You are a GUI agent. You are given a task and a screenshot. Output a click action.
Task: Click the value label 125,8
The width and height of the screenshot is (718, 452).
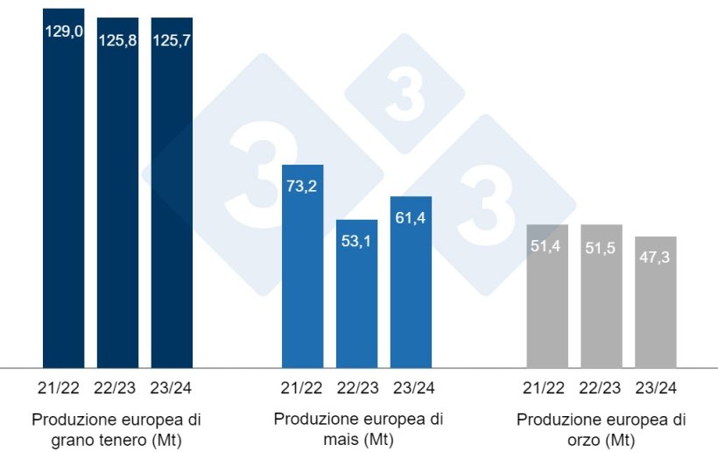(x=117, y=40)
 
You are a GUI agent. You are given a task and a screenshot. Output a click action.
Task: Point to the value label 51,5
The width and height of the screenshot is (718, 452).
(x=602, y=246)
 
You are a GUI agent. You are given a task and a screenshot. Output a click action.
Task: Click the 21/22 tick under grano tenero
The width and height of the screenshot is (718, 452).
(x=64, y=387)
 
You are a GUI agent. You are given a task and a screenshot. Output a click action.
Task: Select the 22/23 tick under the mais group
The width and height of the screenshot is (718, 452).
(x=356, y=387)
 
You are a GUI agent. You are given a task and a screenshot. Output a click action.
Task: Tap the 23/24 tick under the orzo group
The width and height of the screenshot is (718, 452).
(x=656, y=387)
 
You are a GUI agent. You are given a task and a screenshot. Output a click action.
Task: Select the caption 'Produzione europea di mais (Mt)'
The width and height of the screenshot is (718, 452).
(x=358, y=427)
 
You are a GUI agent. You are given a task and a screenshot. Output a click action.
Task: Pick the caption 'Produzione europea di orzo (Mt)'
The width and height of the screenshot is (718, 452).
(x=602, y=427)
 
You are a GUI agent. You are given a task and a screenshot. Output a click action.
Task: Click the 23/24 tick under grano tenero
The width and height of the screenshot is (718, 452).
(x=172, y=387)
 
